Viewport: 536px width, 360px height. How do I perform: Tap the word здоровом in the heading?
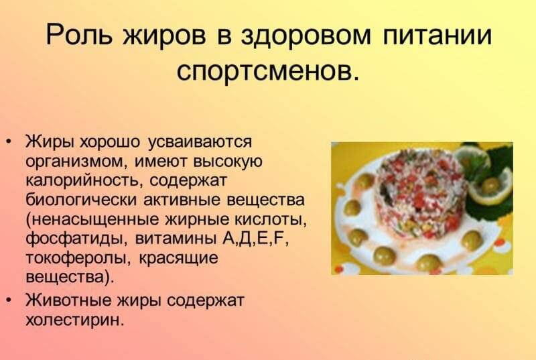pos(306,36)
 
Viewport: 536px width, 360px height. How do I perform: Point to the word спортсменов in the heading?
pos(267,71)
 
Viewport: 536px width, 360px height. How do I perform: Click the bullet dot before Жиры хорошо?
pos(9,141)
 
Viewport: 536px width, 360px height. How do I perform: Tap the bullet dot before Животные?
pos(9,300)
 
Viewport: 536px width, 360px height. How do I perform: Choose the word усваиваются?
pos(200,142)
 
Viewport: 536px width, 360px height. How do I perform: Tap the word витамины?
pos(176,239)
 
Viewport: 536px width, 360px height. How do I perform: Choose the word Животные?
pos(68,300)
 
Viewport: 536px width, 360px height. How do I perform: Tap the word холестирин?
pos(74,320)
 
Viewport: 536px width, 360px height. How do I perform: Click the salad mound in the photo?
pos(421,192)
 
